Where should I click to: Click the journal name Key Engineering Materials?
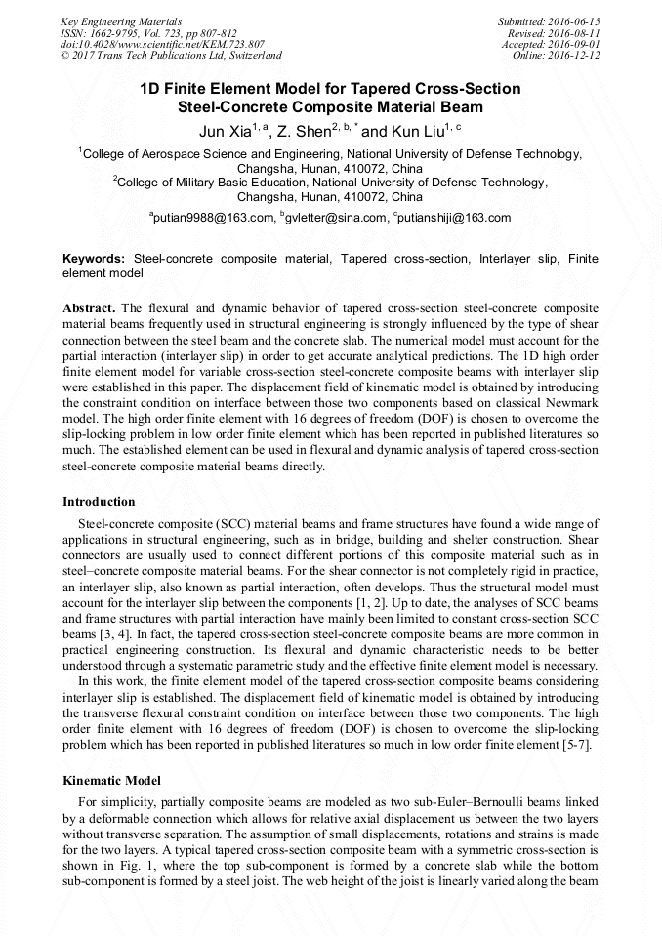tap(121, 20)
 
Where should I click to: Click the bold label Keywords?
tap(94, 259)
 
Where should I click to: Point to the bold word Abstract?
tap(89, 305)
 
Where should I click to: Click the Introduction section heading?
tap(99, 502)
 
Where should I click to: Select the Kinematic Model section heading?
tap(110, 781)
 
